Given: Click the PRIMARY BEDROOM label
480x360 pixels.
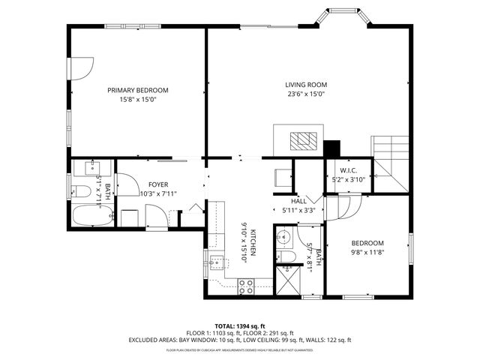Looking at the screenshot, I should (137, 90).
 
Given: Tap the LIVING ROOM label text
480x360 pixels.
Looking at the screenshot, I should (305, 85).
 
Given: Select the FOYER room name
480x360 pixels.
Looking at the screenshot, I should (158, 184).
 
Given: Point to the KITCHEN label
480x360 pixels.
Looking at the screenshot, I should (253, 244).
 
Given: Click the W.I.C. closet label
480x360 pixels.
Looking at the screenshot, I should (347, 170).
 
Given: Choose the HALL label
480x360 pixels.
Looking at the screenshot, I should (298, 201).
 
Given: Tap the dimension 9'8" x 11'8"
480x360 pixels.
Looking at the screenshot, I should (368, 253).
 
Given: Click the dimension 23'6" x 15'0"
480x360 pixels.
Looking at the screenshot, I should (305, 94).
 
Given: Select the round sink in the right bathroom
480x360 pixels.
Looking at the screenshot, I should (283, 238).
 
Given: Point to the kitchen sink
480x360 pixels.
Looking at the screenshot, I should (217, 262).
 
